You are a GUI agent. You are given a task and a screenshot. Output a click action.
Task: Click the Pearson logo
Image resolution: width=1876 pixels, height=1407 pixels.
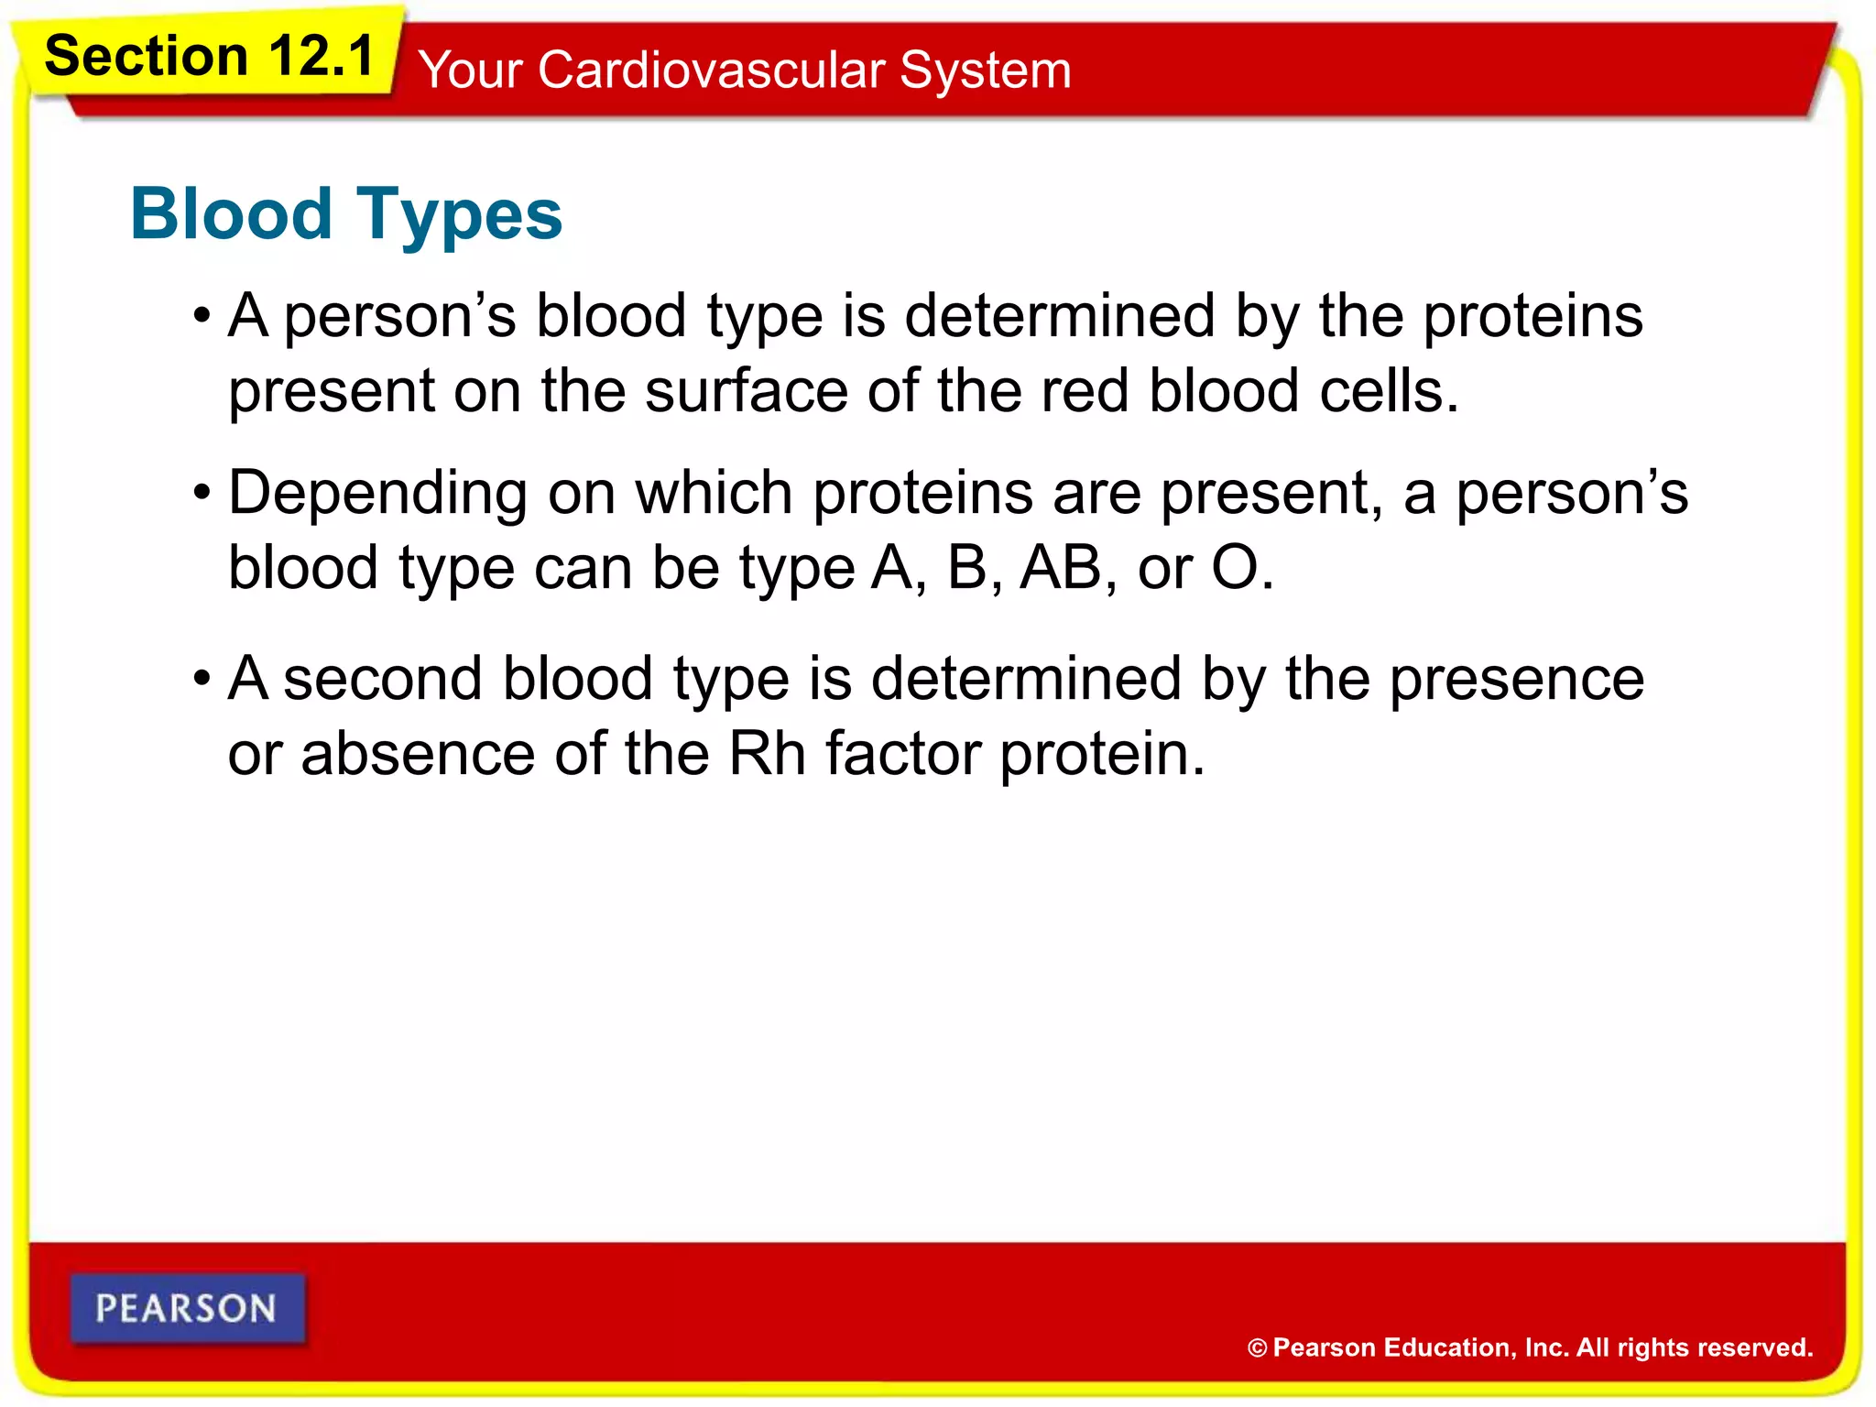[187, 1308]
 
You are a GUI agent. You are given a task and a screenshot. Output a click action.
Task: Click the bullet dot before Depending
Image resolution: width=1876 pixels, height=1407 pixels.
[202, 495]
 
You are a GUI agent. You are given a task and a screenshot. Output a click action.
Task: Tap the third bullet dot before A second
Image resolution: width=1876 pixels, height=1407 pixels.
[202, 681]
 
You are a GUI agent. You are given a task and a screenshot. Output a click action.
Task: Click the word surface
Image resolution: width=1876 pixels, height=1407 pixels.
[746, 391]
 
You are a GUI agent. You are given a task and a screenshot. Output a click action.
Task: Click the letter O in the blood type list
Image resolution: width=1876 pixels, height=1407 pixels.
[1235, 568]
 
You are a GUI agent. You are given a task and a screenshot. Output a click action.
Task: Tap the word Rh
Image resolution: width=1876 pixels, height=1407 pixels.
[767, 754]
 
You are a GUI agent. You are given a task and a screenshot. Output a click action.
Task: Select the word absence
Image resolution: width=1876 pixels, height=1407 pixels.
[418, 754]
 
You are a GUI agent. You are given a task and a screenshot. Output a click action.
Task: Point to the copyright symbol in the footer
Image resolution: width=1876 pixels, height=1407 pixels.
[1257, 1348]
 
